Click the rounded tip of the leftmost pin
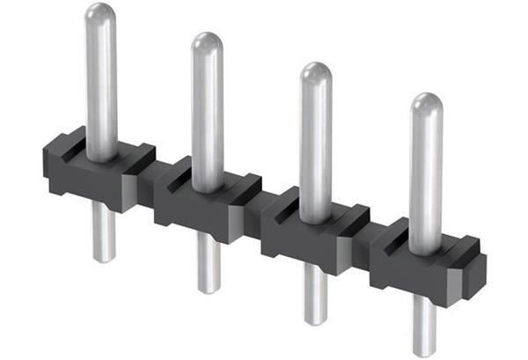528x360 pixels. click(100, 15)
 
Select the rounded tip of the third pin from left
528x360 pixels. click(315, 74)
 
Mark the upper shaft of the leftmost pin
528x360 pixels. click(101, 88)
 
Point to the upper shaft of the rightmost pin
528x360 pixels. click(426, 176)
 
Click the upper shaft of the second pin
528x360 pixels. click(207, 114)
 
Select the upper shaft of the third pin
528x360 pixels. click(315, 145)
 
